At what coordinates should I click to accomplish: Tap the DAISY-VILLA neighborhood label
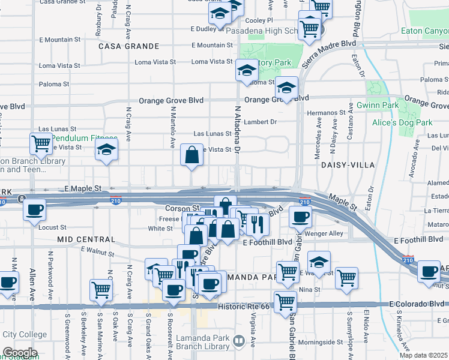point(348,164)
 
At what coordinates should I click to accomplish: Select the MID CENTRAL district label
point(85,239)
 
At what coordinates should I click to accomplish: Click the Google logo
point(20,353)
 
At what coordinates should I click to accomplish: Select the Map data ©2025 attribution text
point(423,355)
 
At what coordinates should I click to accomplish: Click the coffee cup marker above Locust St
point(33,210)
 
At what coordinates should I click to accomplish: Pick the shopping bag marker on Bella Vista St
point(191,155)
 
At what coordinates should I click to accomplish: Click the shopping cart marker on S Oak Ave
point(100,290)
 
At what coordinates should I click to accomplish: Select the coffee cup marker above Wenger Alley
point(300,217)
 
